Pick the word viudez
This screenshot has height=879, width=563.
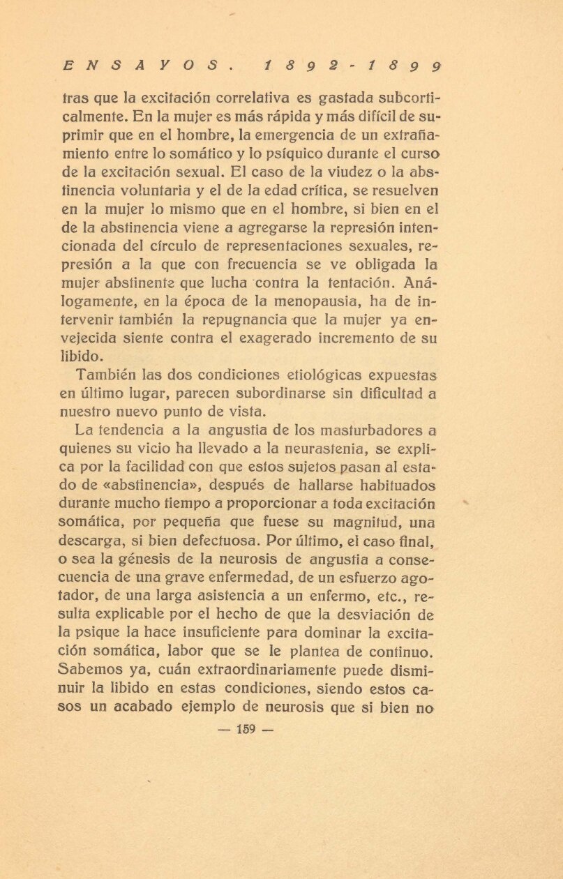tap(300, 171)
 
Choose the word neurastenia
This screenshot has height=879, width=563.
tap(323, 449)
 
